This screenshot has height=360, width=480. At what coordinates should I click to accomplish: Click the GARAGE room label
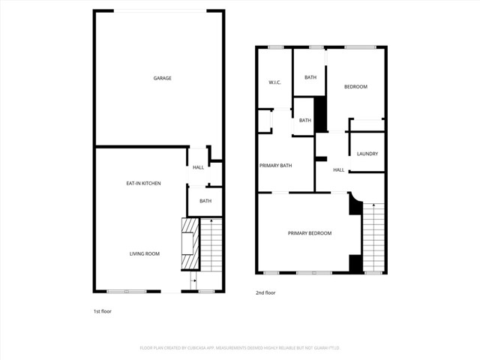point(163,78)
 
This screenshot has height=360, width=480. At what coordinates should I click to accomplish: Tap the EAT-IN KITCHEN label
point(143,184)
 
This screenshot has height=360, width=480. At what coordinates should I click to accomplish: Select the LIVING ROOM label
point(143,254)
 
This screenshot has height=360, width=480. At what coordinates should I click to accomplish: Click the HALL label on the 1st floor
point(198,167)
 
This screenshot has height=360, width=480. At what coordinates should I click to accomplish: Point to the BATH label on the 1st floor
point(205,201)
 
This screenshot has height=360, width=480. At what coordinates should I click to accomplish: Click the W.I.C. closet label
point(274,82)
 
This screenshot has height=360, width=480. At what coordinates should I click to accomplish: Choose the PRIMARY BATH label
point(275,166)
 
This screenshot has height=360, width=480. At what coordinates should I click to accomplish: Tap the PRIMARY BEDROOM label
point(309,233)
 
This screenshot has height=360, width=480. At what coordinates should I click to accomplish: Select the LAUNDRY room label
point(367,154)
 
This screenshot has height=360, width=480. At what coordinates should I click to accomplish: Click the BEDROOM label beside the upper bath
point(355,87)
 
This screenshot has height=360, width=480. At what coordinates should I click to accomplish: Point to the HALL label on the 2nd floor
point(339,170)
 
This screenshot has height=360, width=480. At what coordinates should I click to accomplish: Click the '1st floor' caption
point(102,310)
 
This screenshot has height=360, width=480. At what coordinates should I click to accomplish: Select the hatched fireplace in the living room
point(190,244)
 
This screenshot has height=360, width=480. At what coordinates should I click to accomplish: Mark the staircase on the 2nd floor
point(373,238)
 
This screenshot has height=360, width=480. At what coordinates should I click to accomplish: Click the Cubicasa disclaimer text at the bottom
point(240,348)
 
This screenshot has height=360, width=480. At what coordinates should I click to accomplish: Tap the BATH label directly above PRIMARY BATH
point(304,121)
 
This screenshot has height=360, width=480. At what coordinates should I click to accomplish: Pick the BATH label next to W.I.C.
point(310,78)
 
